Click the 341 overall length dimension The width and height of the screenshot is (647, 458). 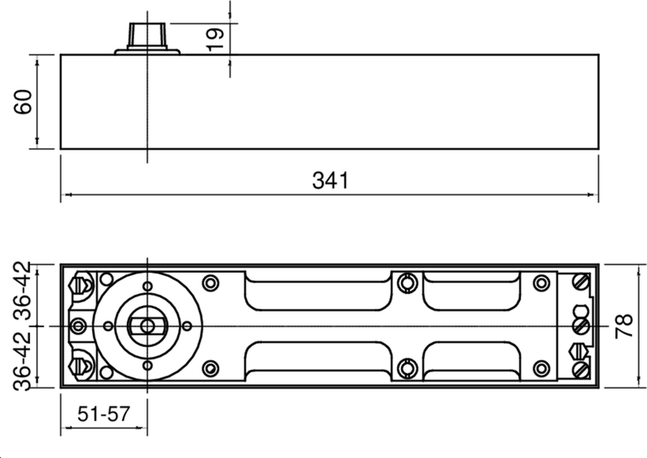330,180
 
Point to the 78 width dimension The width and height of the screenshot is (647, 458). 624,326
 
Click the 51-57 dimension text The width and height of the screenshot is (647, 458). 104,414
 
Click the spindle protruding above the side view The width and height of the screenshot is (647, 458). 146,35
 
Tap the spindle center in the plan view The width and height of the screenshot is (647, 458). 146,325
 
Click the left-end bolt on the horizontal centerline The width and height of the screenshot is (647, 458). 78,325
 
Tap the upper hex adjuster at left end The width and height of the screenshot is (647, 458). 80,286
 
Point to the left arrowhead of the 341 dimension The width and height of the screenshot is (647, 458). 66,195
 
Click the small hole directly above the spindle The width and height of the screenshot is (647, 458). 146,286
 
